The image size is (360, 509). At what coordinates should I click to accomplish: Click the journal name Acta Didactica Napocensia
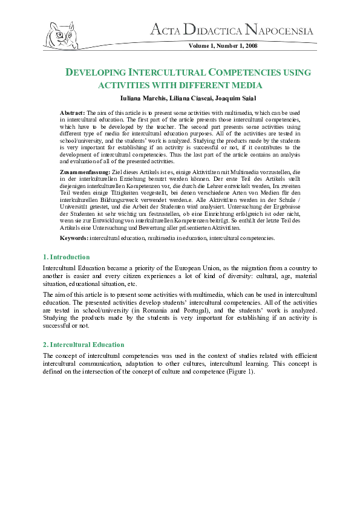[x=232, y=31]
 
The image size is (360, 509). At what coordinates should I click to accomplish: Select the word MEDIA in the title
[x=246, y=85]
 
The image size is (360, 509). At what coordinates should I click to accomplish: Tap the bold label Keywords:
[x=74, y=238]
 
